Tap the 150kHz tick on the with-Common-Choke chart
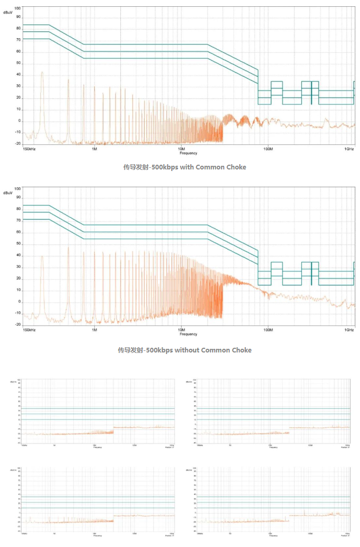[29, 149]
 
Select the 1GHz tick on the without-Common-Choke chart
[350, 330]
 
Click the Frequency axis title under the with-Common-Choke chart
[188, 153]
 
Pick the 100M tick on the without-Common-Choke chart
[268, 330]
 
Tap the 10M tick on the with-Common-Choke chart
[181, 149]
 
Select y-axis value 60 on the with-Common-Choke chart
[18, 51]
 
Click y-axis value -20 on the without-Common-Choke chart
[17, 325]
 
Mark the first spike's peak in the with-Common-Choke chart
[42, 72]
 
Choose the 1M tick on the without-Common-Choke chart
[94, 330]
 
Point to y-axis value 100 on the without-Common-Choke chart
[17, 188]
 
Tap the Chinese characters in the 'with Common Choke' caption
[133, 167]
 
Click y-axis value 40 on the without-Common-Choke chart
[18, 255]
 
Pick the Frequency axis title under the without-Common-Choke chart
[188, 334]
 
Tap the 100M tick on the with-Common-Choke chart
[268, 149]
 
